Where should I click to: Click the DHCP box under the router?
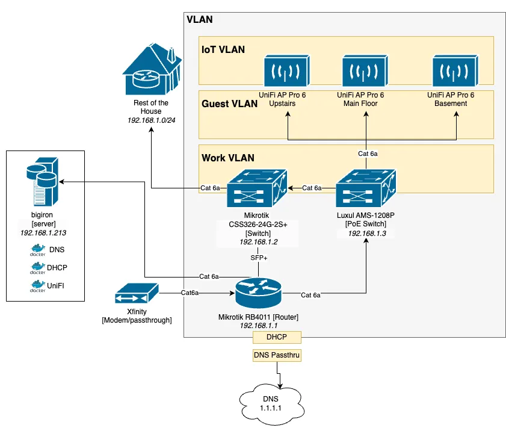(x=277, y=338)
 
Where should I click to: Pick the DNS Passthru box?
(x=276, y=356)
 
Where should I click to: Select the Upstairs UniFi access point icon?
(x=286, y=71)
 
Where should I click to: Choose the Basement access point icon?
(x=455, y=71)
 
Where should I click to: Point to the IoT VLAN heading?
(x=223, y=49)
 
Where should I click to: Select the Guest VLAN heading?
(x=229, y=104)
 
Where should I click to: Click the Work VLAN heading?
(x=227, y=158)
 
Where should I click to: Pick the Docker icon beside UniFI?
(x=37, y=287)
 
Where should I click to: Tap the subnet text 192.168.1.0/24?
(x=151, y=120)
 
